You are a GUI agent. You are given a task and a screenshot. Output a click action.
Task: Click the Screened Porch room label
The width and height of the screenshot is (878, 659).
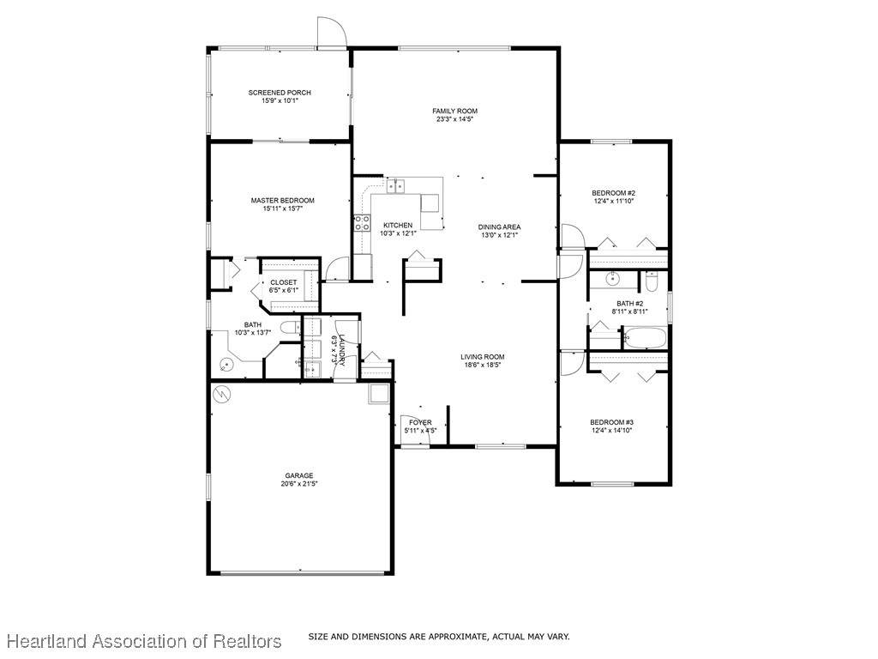[x=280, y=93]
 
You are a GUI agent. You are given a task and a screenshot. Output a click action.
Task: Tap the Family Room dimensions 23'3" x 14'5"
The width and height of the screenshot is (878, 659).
[x=455, y=119]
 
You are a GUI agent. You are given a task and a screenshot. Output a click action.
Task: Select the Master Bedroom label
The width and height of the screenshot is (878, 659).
[x=282, y=201]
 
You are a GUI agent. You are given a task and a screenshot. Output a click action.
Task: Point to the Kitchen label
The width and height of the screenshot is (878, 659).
[x=398, y=226]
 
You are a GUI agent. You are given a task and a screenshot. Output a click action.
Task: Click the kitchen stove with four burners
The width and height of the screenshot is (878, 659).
[x=363, y=223]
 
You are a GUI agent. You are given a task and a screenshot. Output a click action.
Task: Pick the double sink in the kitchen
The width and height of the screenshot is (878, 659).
[x=396, y=185]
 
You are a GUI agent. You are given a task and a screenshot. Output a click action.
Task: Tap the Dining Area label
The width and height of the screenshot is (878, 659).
[x=500, y=227]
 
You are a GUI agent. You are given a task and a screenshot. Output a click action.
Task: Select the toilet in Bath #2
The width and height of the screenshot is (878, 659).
[x=651, y=281]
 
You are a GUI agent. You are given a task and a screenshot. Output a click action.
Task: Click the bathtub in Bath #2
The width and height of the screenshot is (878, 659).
[x=645, y=338]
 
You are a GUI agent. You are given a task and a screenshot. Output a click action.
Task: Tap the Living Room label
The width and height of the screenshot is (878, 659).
[x=483, y=357]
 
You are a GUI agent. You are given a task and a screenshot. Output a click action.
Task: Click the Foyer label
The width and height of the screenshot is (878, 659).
[x=420, y=422]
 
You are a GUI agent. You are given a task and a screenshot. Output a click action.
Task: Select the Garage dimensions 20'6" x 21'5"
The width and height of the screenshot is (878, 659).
[x=299, y=484]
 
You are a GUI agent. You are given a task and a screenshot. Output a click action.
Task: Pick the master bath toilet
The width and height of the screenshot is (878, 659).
[x=290, y=329]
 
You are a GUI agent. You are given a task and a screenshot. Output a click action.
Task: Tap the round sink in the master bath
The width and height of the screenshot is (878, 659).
[x=226, y=364]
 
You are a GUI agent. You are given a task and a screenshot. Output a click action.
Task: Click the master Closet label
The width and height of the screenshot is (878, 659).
[x=283, y=282]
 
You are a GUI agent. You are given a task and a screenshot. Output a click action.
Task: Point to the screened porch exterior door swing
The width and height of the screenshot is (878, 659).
[x=332, y=32]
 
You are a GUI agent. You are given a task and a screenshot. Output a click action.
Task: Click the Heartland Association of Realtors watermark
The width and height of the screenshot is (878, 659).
[x=144, y=640]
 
